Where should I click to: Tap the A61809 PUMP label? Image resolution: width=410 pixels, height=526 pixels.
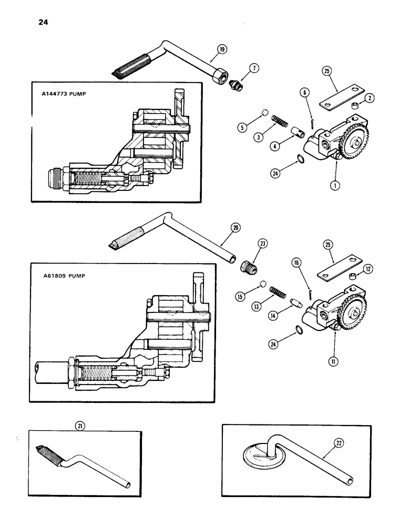(63, 275)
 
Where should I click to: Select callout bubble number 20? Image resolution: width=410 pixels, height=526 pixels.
(235, 228)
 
